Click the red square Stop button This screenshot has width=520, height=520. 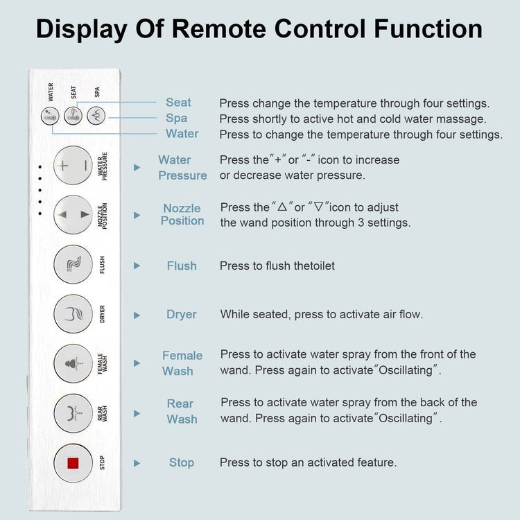tap(73, 462)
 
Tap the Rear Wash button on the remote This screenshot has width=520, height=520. tap(73, 413)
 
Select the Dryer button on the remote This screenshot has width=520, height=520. tap(73, 313)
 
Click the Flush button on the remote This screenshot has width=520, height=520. tap(73, 264)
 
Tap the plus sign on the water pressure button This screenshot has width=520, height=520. tap(64, 166)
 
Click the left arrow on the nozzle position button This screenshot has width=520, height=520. tap(63, 215)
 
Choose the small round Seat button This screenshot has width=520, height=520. tap(73, 116)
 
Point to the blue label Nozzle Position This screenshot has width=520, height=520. tap(182, 214)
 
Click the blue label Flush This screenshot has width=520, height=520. tap(182, 266)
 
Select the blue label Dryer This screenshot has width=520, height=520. tap(182, 314)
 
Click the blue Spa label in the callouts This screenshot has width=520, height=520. tap(177, 118)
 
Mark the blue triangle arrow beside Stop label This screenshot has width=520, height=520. tap(137, 463)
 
